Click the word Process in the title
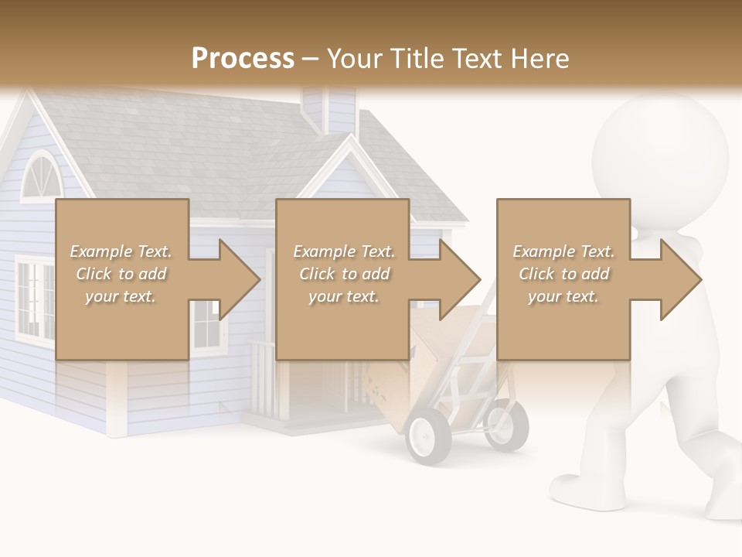(243, 58)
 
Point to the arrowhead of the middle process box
(458, 279)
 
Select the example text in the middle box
(343, 274)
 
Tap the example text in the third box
(563, 274)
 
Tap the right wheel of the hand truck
(506, 425)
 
